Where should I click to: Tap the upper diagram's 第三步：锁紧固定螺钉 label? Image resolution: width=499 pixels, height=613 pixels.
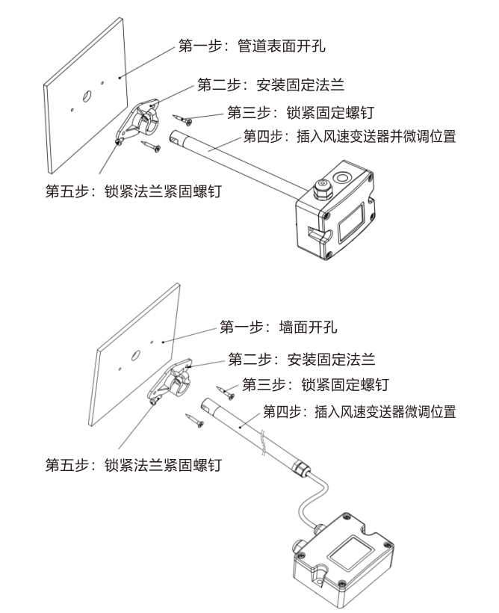point(299,114)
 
